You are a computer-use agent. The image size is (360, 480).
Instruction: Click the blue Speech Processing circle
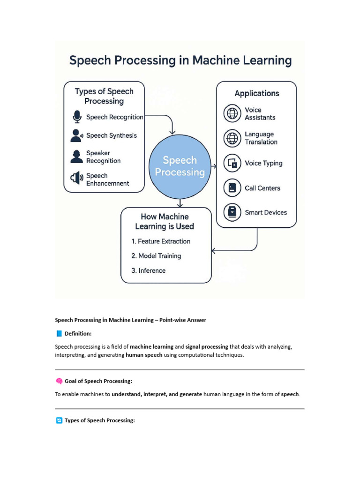pyautogui.click(x=180, y=166)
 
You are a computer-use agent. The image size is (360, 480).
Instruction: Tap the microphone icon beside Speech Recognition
pyautogui.click(x=77, y=116)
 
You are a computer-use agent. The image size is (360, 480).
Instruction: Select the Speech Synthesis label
pyautogui.click(x=112, y=135)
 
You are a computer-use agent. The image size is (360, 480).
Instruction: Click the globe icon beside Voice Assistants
pyautogui.click(x=232, y=113)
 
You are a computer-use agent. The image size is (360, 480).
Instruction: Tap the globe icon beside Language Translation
pyautogui.click(x=232, y=138)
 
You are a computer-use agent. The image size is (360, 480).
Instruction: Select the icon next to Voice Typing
pyautogui.click(x=232, y=163)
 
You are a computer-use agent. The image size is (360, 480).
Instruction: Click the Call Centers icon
pyautogui.click(x=232, y=188)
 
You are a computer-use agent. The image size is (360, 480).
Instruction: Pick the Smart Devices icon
pyautogui.click(x=232, y=212)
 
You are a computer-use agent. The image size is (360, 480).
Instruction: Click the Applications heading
pyautogui.click(x=256, y=93)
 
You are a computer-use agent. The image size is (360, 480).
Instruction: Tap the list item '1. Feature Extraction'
pyautogui.click(x=161, y=241)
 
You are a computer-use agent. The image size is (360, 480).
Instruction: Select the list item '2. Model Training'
pyautogui.click(x=156, y=256)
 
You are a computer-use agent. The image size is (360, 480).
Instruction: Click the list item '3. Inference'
pyautogui.click(x=149, y=270)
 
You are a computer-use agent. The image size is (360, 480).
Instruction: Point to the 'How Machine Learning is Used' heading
pyautogui.click(x=165, y=221)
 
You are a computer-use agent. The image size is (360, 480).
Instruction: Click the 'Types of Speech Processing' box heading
pyautogui.click(x=104, y=96)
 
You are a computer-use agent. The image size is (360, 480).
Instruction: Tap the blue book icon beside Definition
pyautogui.click(x=59, y=334)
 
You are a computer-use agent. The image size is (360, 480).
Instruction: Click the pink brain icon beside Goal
pyautogui.click(x=59, y=381)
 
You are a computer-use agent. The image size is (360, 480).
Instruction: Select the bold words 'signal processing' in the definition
pyautogui.click(x=207, y=347)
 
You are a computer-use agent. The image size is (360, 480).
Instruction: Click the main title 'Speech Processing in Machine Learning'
pyautogui.click(x=180, y=60)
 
